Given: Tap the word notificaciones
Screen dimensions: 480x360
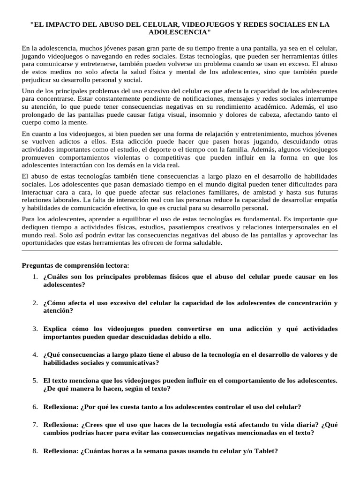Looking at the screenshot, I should coord(182,98).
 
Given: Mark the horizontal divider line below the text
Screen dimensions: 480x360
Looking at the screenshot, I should coord(180,251).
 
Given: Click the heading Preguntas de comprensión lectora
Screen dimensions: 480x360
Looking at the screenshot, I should coord(75,265).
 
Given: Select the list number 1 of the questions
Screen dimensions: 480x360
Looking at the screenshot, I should coord(35,277).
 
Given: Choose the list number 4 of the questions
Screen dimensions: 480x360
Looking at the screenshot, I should coord(35,354).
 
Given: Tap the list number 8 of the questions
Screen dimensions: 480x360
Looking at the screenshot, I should coord(35,451).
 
